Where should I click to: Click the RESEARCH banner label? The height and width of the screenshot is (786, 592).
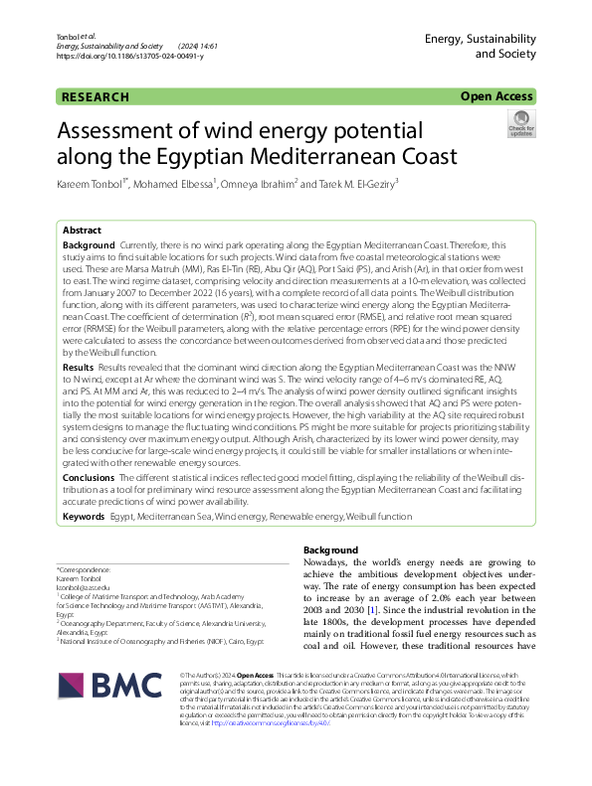click(96, 97)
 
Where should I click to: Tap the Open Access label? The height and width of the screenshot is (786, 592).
click(497, 97)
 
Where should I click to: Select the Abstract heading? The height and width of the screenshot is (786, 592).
click(83, 230)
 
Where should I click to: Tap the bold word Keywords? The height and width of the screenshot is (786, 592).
click(84, 518)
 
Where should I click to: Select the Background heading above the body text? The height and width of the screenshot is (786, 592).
click(329, 550)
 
